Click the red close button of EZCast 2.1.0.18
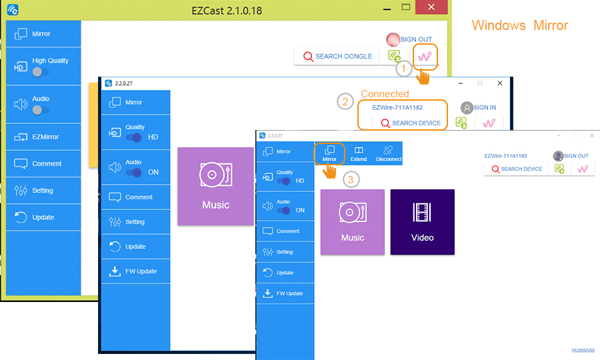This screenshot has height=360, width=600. (x=431, y=7)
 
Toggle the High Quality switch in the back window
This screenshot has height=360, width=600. (x=40, y=72)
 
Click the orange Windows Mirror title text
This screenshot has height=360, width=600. (x=519, y=25)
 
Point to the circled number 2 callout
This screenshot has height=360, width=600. (x=345, y=102)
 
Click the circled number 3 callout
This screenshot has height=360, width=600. (x=349, y=179)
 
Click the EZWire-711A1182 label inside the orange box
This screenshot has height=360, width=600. (x=397, y=107)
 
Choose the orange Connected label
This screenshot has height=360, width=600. (x=385, y=94)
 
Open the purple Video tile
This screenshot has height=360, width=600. (x=422, y=222)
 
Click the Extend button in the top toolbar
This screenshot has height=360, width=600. (x=359, y=154)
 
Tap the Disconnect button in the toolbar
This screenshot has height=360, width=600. (x=389, y=154)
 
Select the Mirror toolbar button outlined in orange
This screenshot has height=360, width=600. (x=329, y=154)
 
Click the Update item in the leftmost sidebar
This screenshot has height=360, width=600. (x=43, y=217)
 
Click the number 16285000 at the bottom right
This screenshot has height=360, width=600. (x=582, y=350)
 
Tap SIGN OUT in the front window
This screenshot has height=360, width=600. (x=576, y=156)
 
